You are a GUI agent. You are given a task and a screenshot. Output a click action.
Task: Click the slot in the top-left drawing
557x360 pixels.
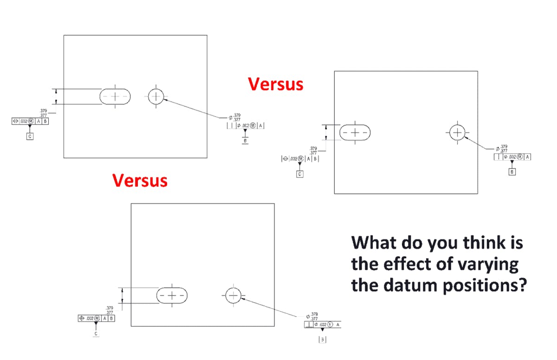tap(115, 96)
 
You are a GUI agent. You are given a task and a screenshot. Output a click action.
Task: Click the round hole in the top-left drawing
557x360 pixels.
tap(156, 96)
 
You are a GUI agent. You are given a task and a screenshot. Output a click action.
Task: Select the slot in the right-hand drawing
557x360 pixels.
tap(355, 132)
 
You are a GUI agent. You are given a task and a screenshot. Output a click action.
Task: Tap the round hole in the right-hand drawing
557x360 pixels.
tap(458, 132)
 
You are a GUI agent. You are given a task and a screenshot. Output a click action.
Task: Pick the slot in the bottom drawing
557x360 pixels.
tap(172, 295)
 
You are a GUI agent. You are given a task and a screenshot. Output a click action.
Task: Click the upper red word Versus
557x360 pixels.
tap(275, 84)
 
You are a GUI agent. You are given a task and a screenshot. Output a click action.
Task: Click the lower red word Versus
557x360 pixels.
tap(140, 180)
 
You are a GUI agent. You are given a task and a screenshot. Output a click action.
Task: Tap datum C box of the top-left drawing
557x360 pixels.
tap(30, 137)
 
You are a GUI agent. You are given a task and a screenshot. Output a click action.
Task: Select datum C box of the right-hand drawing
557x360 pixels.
tap(300, 174)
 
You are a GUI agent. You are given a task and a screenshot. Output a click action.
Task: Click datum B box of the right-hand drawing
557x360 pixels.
tap(512, 172)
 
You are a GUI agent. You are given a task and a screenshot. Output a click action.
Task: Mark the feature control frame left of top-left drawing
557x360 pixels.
tap(30, 121)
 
